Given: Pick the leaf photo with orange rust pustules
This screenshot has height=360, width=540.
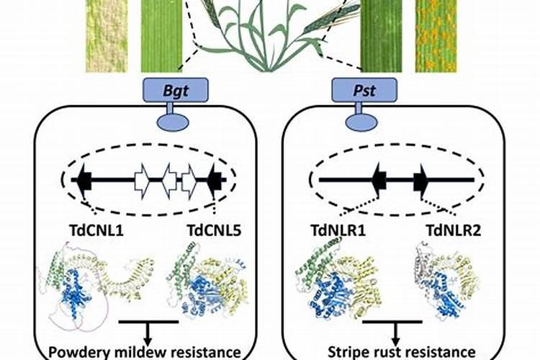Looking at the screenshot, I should [x=435, y=36].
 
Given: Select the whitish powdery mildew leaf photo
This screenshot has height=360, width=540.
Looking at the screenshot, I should [x=106, y=36].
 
